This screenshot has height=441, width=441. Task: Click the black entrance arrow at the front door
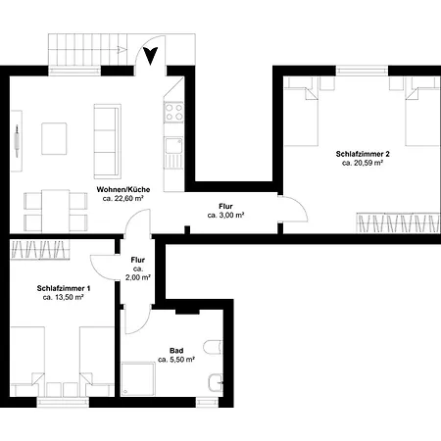click(x=150, y=56)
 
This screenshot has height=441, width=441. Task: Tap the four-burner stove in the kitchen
click(x=173, y=112)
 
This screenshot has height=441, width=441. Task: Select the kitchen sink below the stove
click(x=173, y=146)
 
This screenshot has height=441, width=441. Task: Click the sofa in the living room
click(x=108, y=141)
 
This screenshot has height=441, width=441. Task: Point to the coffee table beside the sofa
click(x=54, y=138)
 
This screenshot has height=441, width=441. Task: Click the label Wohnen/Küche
click(x=123, y=189)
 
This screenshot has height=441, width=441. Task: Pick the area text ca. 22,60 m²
click(x=123, y=198)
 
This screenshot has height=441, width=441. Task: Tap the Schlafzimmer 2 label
click(x=363, y=154)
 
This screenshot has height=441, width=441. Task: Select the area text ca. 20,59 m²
click(x=363, y=163)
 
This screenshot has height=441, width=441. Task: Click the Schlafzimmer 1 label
click(x=64, y=288)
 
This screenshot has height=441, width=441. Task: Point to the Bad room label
click(x=176, y=351)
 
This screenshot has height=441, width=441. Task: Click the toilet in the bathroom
click(x=213, y=347)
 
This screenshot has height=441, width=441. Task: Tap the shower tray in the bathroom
click(x=138, y=379)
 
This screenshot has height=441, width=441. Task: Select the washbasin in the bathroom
click(x=216, y=382)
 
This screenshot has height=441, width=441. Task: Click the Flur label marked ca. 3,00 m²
click(x=225, y=207)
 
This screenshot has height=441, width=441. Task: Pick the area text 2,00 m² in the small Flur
click(x=138, y=277)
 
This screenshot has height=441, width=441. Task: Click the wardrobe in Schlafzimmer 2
click(x=398, y=222)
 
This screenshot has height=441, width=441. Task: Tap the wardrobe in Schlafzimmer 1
click(x=40, y=250)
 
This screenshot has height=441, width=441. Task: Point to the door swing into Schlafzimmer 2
click(x=294, y=209)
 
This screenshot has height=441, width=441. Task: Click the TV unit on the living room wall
click(x=17, y=141)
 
